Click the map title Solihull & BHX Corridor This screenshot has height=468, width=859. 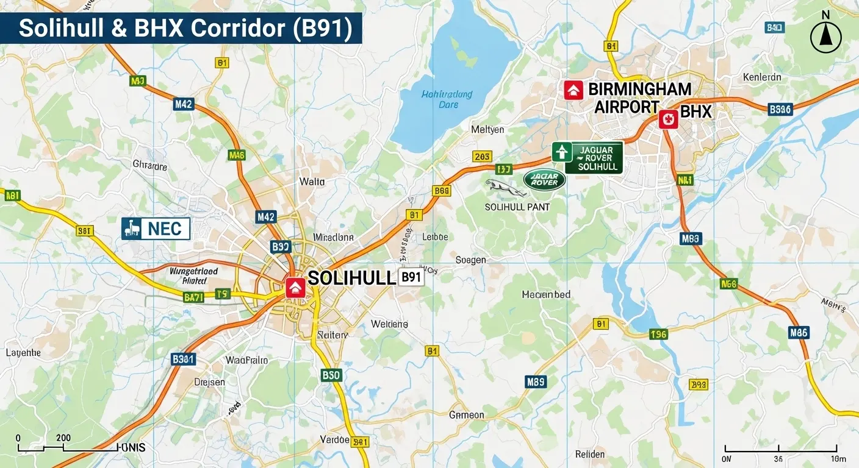tap(186, 29)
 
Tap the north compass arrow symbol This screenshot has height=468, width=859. tap(825, 37)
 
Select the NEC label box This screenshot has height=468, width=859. tap(156, 229)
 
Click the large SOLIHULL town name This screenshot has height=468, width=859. tap(351, 278)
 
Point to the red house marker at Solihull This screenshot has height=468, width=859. tap(295, 288)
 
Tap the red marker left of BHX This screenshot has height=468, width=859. tap(668, 119)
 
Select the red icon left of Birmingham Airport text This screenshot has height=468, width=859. tap(572, 90)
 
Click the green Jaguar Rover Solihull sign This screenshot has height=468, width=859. tap(587, 158)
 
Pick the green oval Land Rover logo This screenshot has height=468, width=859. tap(544, 179)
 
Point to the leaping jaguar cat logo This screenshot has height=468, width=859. tap(506, 188)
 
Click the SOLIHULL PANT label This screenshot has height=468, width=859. tap(517, 207)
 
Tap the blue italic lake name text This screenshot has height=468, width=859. tap(447, 99)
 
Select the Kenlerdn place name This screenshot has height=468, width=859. tap(761, 77)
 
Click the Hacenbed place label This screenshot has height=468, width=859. tap(546, 295)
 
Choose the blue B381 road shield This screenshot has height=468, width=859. tap(183, 359)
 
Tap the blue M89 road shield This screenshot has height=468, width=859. tap(535, 382)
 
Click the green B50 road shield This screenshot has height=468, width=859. tap(331, 375)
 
